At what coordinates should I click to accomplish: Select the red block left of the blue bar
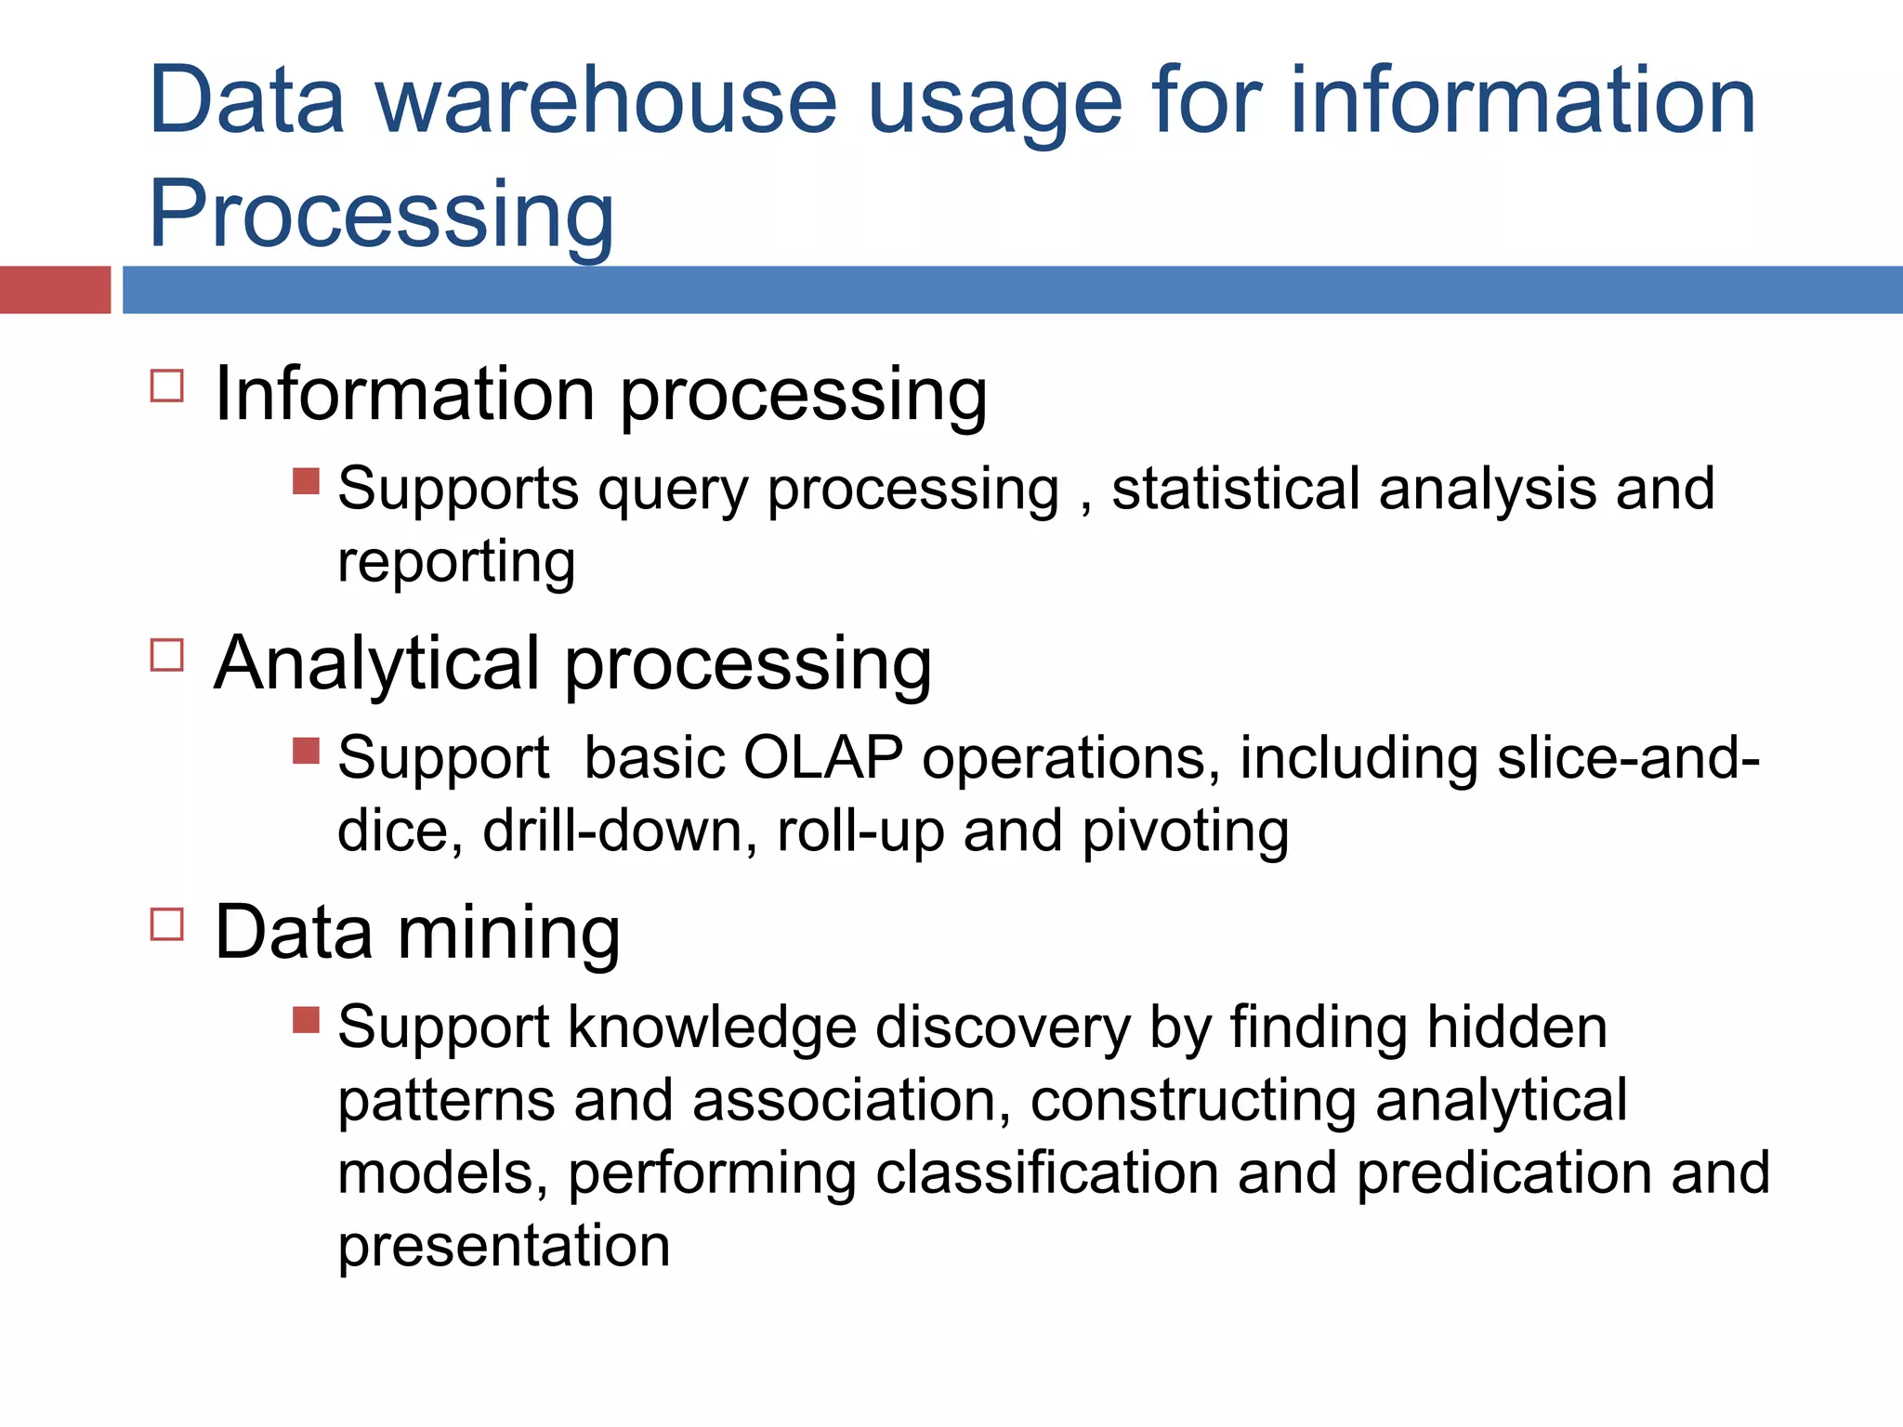pos(55,289)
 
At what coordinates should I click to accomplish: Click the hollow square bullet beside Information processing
pos(167,385)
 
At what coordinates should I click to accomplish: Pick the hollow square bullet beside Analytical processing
pos(167,655)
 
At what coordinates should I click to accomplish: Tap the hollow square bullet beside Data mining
pos(167,924)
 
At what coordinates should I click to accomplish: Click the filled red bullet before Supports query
pos(306,481)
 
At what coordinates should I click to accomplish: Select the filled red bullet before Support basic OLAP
pos(306,751)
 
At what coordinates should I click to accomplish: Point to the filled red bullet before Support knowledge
pos(306,1020)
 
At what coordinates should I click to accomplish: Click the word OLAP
pos(822,757)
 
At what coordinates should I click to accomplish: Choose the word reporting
pos(456,563)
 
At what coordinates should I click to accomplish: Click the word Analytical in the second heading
pos(377,663)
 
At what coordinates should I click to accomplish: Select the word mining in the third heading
pos(509,933)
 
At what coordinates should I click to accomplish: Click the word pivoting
pos(1186,831)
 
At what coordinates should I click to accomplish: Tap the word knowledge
pos(712,1028)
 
